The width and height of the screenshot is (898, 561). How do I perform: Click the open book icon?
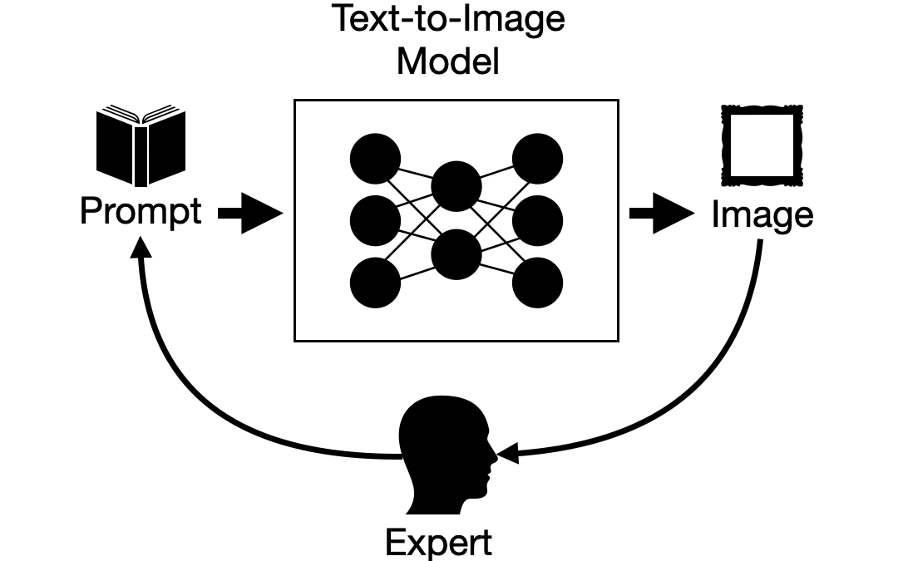point(140,145)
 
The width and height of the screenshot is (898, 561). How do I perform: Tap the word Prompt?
point(140,213)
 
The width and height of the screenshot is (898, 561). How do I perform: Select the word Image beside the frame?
point(762,214)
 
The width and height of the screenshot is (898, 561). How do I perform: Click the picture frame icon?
point(762,145)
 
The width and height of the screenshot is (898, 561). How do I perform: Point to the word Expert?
point(438,542)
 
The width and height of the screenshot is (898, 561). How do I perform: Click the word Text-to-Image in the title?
point(448,18)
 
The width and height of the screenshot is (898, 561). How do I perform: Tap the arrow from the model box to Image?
point(661,214)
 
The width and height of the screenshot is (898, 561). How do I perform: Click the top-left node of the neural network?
point(375,158)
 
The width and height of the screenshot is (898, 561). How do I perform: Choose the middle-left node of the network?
point(375,220)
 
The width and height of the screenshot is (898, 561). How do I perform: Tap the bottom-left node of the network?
point(375,283)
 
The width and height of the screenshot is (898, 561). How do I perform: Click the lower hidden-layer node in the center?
point(456,254)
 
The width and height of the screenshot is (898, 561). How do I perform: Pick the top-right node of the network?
point(537,158)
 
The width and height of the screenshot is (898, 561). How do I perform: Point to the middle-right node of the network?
point(537,220)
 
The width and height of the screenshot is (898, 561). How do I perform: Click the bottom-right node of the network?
point(537,283)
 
